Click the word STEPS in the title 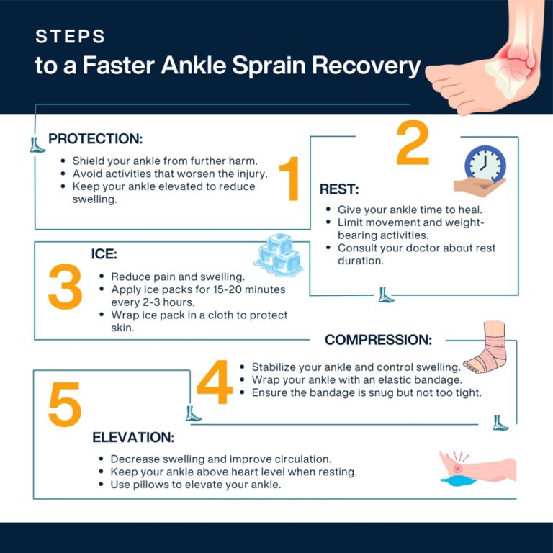click(x=70, y=37)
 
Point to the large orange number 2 click(x=413, y=145)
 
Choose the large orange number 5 click(x=65, y=405)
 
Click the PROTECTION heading click(x=95, y=139)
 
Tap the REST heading click(x=339, y=190)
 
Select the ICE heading click(x=104, y=254)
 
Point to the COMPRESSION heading click(x=378, y=340)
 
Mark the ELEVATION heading click(x=133, y=437)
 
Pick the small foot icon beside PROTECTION click(x=37, y=144)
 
